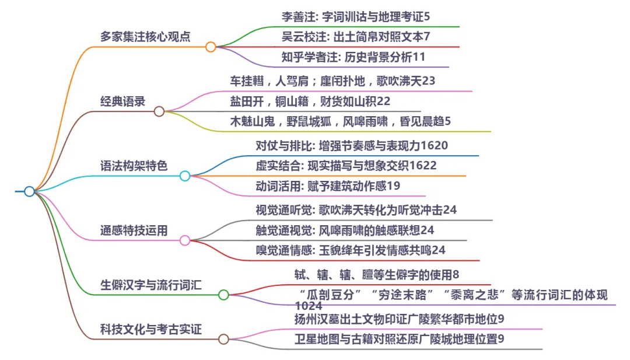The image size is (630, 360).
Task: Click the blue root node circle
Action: click(x=29, y=191)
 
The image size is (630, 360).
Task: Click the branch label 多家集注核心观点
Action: click(x=145, y=36)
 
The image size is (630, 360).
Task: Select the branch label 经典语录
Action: click(x=123, y=101)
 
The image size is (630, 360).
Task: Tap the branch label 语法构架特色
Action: click(x=134, y=166)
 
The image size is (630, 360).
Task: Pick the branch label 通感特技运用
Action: click(x=134, y=230)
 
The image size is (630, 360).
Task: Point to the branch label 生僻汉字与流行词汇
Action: click(x=150, y=285)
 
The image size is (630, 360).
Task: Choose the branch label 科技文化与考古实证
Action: click(x=150, y=330)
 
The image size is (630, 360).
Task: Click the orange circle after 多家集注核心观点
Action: click(x=211, y=47)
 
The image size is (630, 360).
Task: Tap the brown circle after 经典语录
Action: click(x=159, y=111)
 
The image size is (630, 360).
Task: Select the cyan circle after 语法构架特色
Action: click(x=185, y=176)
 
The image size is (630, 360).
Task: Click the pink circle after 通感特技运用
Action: click(x=185, y=240)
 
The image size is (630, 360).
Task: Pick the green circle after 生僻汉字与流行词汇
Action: click(x=223, y=295)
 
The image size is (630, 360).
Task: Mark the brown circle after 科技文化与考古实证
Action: click(x=223, y=339)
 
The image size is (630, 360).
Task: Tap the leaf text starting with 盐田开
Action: click(x=310, y=101)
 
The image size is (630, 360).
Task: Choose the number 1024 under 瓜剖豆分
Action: click(x=309, y=305)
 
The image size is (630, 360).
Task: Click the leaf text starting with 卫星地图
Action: click(x=400, y=339)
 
